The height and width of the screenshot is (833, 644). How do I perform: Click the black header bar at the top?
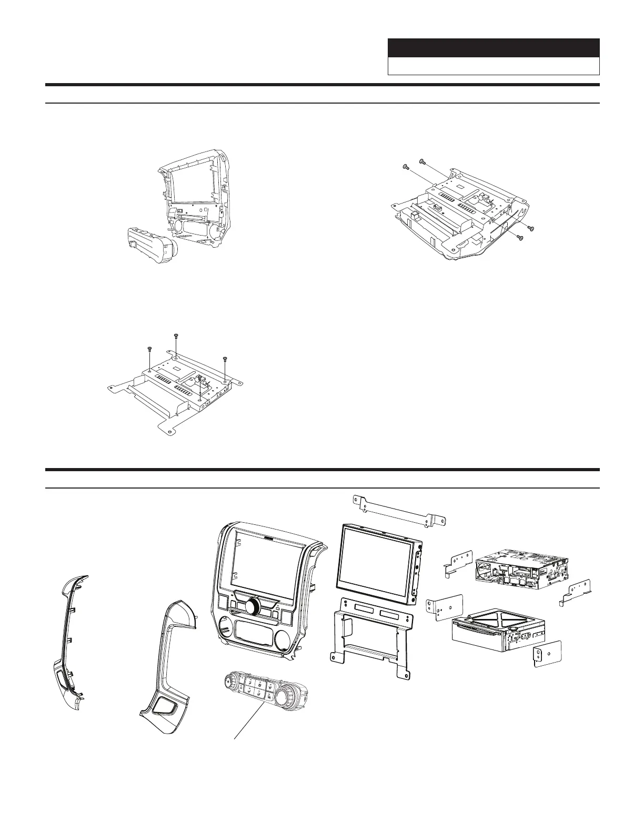(494, 48)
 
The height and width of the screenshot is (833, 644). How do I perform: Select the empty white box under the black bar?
(494, 66)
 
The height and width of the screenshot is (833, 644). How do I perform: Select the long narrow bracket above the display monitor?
(402, 510)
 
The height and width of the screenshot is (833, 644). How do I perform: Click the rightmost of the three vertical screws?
(225, 359)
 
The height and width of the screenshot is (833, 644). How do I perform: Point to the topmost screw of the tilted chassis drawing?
(422, 160)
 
